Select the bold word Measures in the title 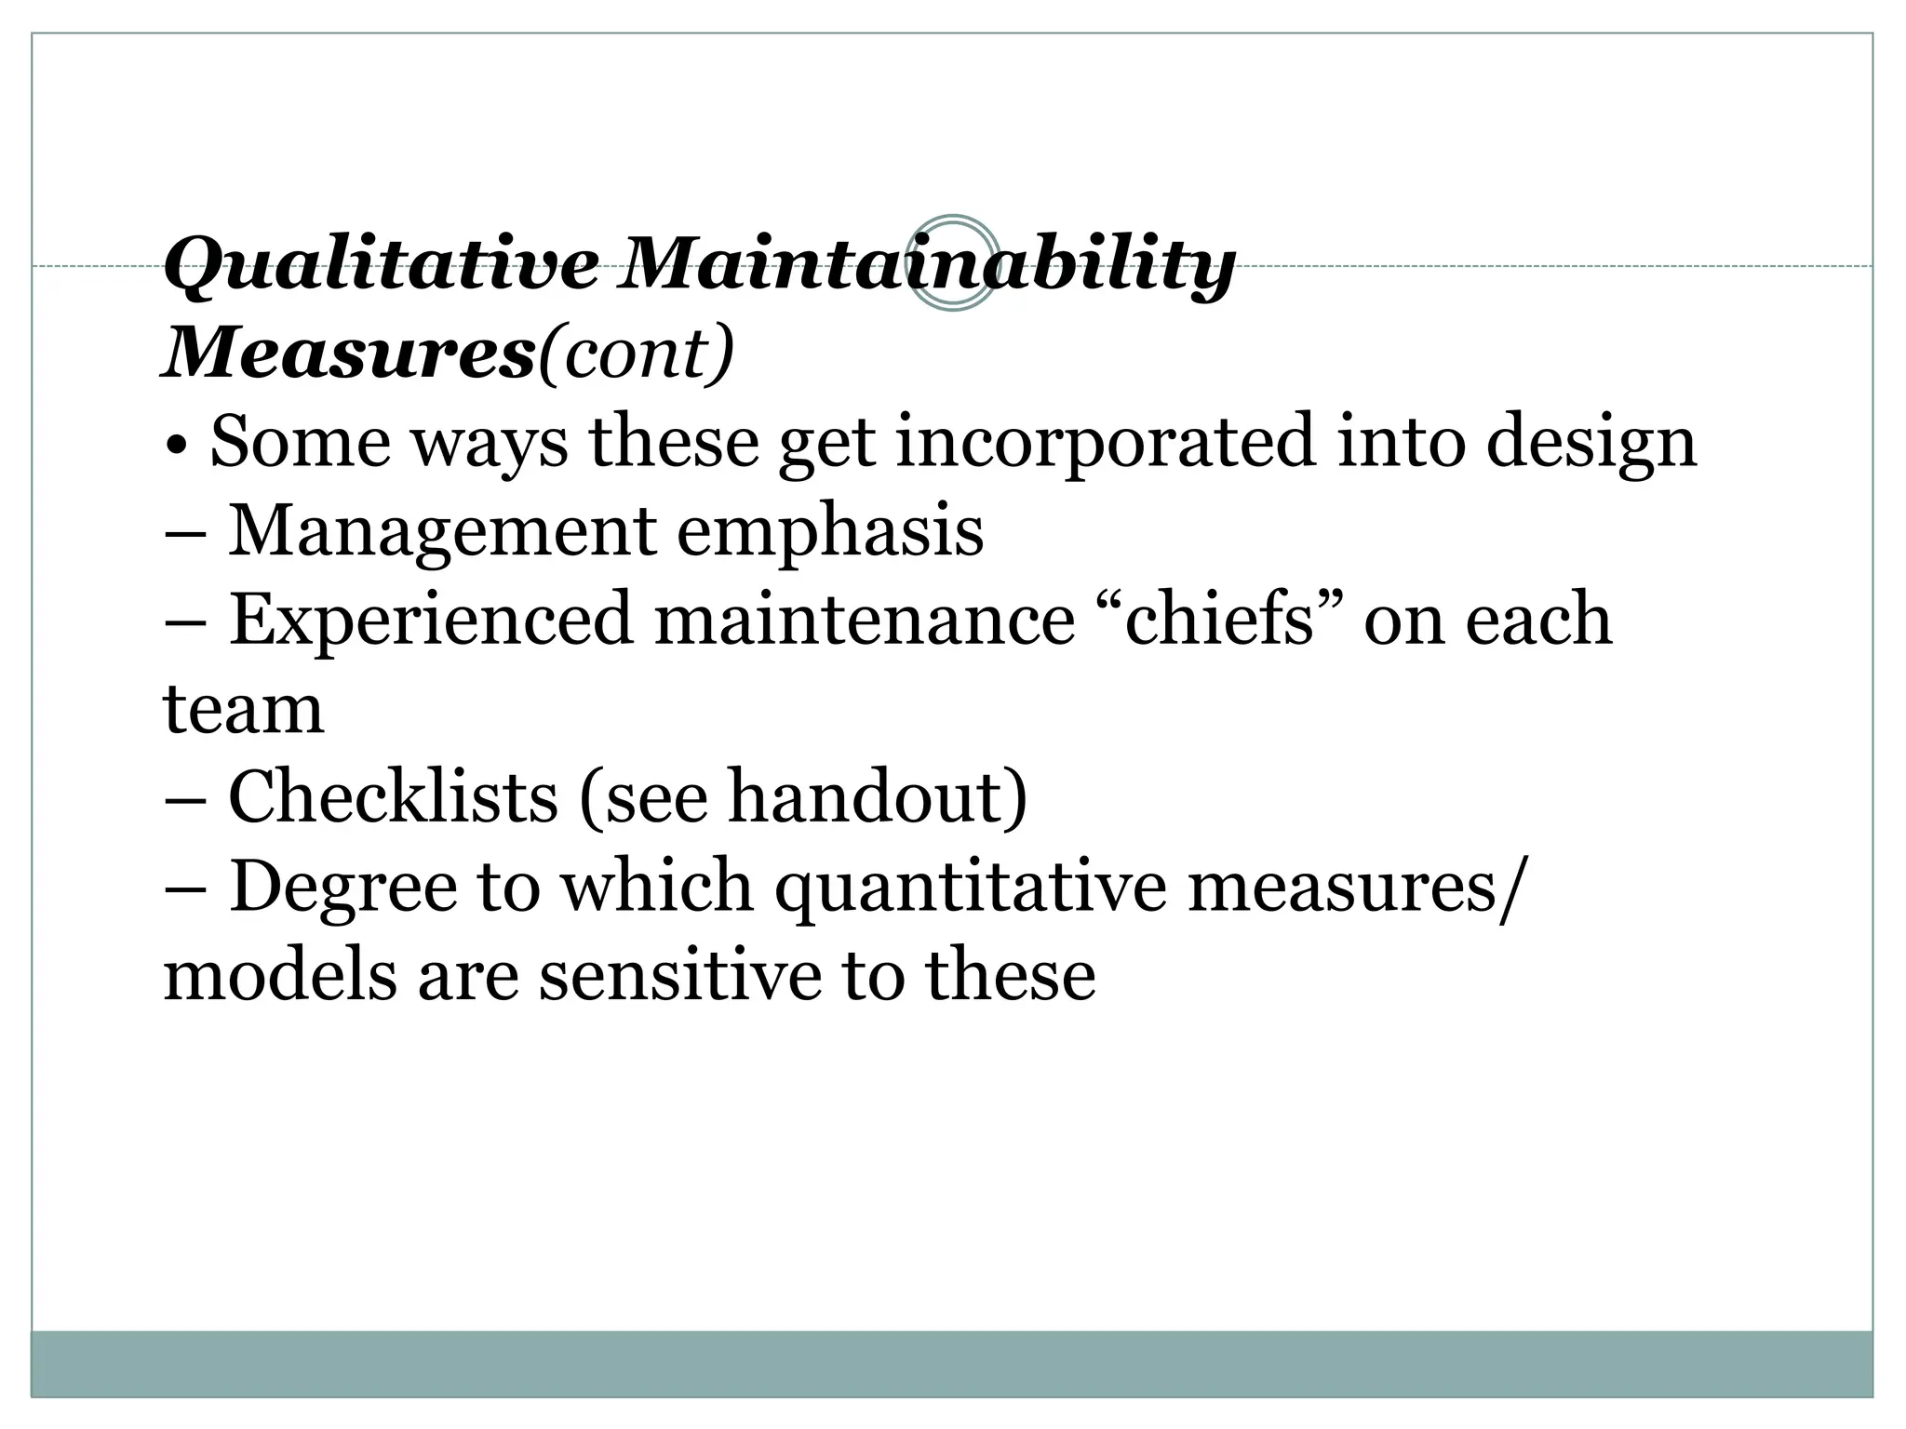tap(349, 354)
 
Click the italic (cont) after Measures tap(637, 354)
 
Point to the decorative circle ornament tap(952, 263)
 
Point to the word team tap(244, 709)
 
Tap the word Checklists tap(393, 797)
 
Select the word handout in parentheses tap(867, 797)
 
